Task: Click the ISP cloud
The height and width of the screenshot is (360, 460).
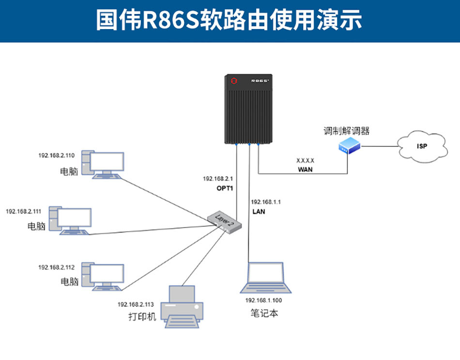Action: (421, 145)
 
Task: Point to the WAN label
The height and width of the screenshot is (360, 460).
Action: (305, 170)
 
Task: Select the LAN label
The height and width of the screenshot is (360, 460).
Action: (259, 211)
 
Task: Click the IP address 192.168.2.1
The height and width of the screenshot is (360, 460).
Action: (218, 179)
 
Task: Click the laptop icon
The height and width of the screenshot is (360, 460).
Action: (266, 279)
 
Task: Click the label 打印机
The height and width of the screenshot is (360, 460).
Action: (143, 318)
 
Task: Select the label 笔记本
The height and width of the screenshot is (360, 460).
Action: (264, 313)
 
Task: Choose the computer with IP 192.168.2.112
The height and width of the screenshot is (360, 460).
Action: (103, 277)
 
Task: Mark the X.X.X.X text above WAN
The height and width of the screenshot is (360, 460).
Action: (305, 160)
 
